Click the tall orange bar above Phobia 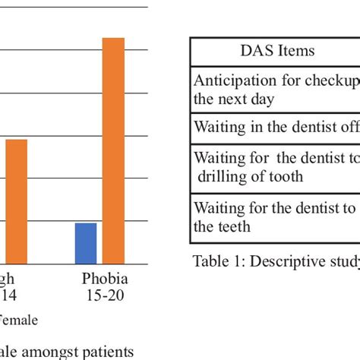[113, 150]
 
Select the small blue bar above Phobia [86, 242]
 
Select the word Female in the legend [18, 321]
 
